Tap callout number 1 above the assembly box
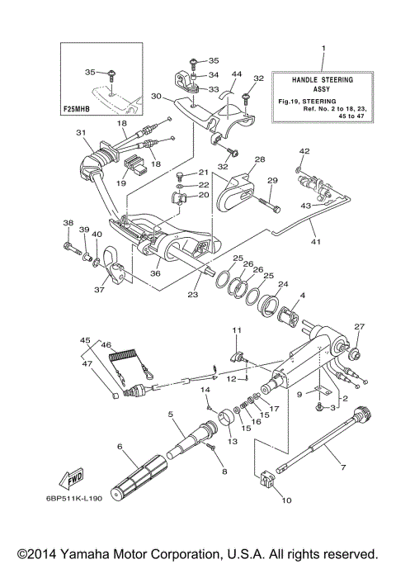(x=324, y=51)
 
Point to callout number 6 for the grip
(x=120, y=447)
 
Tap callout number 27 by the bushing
(x=359, y=327)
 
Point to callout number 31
(x=81, y=132)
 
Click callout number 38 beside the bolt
(x=67, y=224)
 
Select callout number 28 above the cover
(x=259, y=159)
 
